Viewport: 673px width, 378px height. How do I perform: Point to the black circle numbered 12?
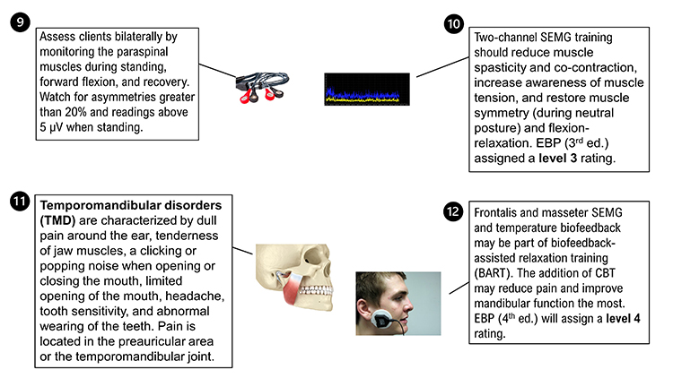click(x=456, y=213)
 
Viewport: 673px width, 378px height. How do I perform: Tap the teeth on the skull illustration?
click(x=325, y=285)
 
